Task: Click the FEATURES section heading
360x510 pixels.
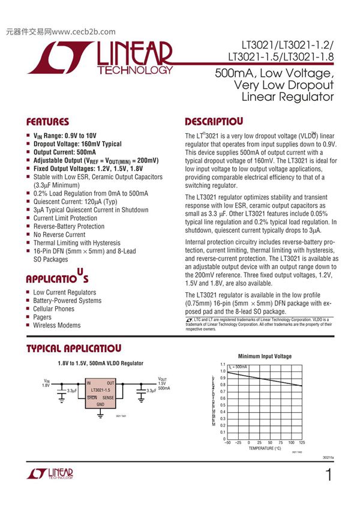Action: (47, 121)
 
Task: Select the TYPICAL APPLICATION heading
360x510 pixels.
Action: (75, 349)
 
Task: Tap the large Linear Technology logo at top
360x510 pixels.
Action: (100, 58)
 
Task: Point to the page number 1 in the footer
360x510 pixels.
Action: (328, 476)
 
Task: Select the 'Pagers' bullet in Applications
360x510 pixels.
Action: (42, 317)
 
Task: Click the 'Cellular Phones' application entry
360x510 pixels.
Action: (54, 308)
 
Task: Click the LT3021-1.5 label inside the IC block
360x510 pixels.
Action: (101, 390)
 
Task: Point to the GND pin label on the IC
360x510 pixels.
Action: (100, 404)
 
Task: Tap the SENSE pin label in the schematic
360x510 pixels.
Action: (108, 397)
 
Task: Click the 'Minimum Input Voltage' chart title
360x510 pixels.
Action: (265, 356)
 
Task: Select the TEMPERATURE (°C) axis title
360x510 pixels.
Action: (265, 448)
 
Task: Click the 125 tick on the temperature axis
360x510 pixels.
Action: (301, 442)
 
